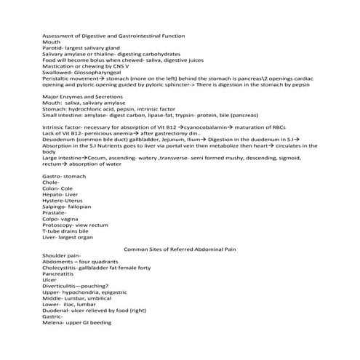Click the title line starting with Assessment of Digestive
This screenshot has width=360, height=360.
click(113, 36)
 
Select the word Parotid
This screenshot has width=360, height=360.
click(52, 48)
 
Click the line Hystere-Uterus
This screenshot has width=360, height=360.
click(62, 200)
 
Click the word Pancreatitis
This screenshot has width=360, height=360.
click(58, 274)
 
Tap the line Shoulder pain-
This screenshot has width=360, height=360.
click(61, 256)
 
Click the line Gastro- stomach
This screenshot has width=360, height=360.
click(63, 176)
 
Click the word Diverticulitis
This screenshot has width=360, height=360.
click(59, 287)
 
